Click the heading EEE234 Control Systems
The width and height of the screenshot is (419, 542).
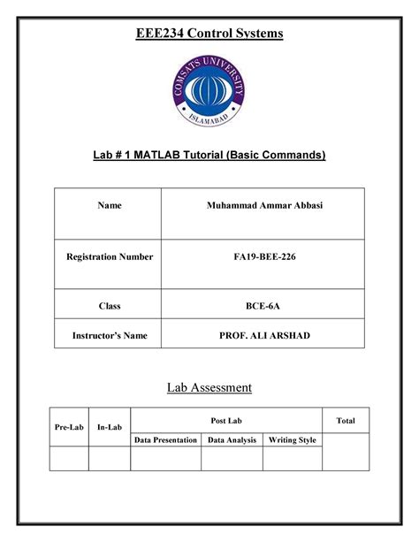[x=209, y=34]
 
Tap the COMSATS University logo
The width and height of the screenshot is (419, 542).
[x=209, y=92]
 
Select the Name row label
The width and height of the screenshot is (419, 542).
[x=109, y=206]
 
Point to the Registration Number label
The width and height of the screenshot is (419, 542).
[x=109, y=257]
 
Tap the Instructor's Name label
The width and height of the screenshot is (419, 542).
[x=109, y=335]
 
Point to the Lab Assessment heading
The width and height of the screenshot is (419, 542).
[x=209, y=387]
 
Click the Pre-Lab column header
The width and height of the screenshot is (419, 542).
[x=69, y=428]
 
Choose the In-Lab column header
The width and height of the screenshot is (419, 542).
[x=109, y=428]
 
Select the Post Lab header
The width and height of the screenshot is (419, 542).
[x=226, y=421]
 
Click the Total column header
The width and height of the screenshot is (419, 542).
[x=346, y=421]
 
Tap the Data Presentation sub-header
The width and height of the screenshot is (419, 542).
[x=165, y=439]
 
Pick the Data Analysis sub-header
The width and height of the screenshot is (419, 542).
[x=232, y=439]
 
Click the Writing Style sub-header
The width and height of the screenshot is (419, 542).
[x=293, y=439]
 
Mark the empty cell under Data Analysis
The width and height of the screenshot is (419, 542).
[x=232, y=458]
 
